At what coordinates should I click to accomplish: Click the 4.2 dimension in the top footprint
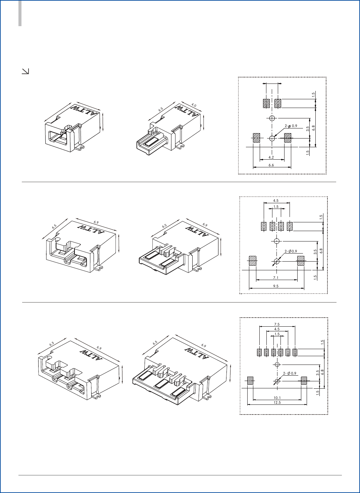tap(271, 157)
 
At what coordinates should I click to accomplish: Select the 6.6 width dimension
tap(271, 165)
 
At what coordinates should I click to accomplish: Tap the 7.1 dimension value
tap(276, 277)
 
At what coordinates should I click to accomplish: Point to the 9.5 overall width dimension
tap(276, 286)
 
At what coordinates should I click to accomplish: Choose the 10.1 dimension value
tap(277, 398)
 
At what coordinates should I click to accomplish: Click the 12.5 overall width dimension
tap(277, 402)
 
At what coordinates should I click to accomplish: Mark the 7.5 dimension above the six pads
tap(277, 324)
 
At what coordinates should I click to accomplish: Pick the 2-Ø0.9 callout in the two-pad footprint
tap(291, 126)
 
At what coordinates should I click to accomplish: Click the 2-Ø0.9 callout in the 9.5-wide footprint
tap(291, 251)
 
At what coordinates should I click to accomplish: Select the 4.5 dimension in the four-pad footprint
tap(276, 201)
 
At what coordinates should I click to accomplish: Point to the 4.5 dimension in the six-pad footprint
tap(277, 329)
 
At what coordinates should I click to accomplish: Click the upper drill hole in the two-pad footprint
tap(272, 118)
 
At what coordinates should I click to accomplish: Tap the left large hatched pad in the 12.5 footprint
tap(250, 381)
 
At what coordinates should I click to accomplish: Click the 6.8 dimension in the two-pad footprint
tap(313, 128)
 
